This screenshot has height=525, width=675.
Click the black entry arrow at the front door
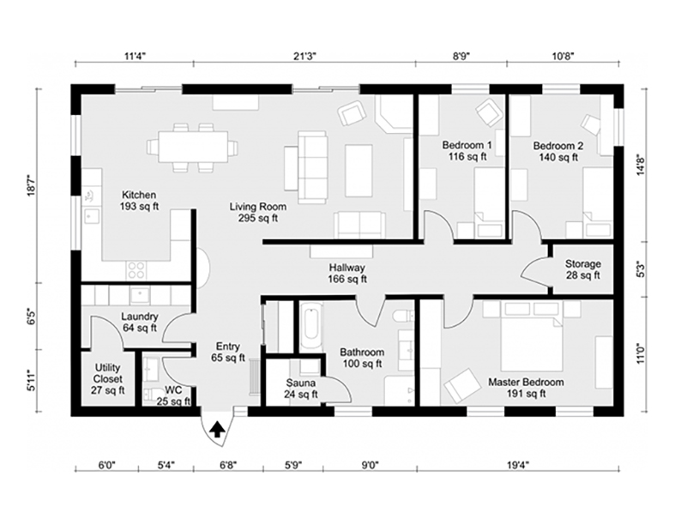(x=218, y=430)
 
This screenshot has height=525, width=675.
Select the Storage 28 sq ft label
(x=583, y=269)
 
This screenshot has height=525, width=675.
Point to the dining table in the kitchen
(x=192, y=148)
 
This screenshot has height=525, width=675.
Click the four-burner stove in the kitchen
(x=136, y=270)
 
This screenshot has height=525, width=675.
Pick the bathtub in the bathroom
(x=311, y=325)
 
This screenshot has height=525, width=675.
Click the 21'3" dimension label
(x=304, y=56)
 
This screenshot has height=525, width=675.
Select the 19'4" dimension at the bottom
(x=518, y=465)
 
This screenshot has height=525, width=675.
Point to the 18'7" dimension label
(x=32, y=185)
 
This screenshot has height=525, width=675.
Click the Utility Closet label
(x=107, y=379)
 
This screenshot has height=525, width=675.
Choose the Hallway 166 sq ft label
(x=347, y=273)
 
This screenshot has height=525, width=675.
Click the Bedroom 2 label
(x=558, y=151)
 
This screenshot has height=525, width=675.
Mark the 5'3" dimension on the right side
(x=641, y=269)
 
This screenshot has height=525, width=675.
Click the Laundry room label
(x=140, y=323)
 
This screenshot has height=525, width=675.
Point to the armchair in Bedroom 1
(x=490, y=113)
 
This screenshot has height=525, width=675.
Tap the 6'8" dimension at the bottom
(x=228, y=465)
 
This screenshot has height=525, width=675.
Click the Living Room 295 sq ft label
(x=258, y=213)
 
